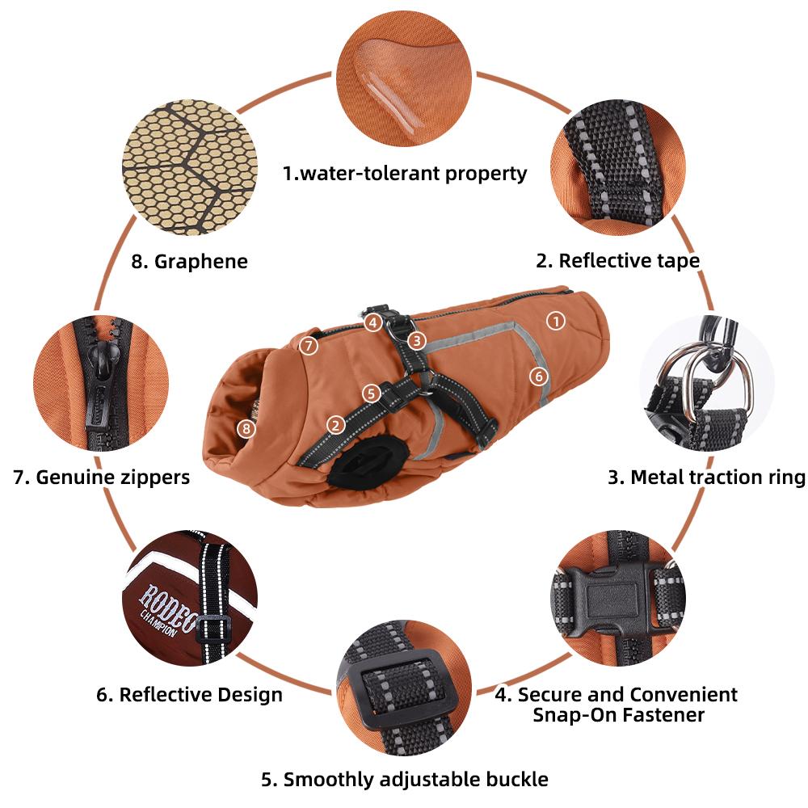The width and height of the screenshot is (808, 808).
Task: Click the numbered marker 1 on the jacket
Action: [556, 321]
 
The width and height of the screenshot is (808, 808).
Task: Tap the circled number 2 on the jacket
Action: [336, 426]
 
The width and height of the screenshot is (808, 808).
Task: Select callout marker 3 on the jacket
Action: [416, 340]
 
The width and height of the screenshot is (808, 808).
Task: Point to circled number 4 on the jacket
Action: [372, 323]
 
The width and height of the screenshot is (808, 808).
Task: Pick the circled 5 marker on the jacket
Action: [371, 393]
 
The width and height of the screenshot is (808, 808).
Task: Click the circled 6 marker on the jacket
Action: [539, 377]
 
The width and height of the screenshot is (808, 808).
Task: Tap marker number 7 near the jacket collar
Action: [309, 345]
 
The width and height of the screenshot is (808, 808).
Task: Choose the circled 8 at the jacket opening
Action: [246, 428]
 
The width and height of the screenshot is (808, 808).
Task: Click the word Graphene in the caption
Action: [201, 262]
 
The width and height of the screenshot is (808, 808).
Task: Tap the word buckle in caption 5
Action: [517, 779]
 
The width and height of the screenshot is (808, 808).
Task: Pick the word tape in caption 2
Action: [678, 262]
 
